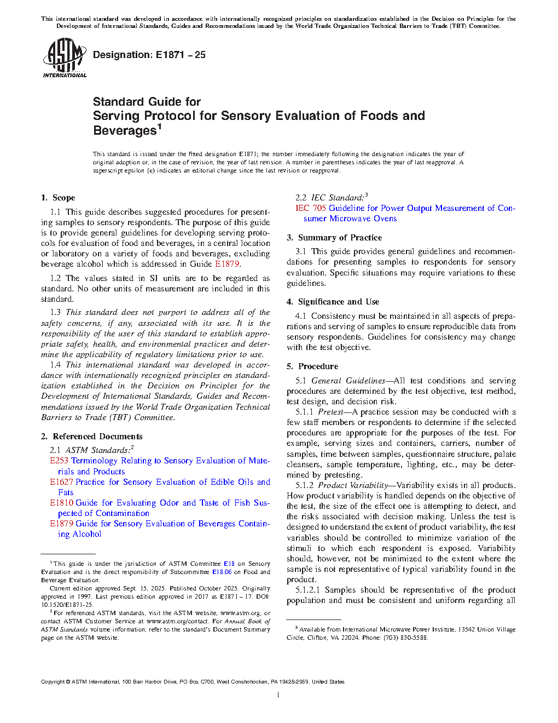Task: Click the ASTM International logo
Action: tap(64, 58)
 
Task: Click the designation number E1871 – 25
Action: tap(181, 55)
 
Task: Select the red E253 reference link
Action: tap(59, 461)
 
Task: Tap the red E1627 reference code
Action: tap(61, 482)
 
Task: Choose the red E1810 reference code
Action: tap(61, 503)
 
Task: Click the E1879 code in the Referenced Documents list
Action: tap(61, 524)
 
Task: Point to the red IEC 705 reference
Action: tap(310, 208)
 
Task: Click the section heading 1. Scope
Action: tap(58, 198)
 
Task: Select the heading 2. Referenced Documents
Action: tap(91, 437)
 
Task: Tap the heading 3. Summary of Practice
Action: tap(334, 238)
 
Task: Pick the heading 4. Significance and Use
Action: tap(333, 302)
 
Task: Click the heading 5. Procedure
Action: tap(312, 366)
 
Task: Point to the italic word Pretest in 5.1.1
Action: tap(330, 412)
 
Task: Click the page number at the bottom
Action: tap(278, 695)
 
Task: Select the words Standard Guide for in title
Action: tap(147, 102)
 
